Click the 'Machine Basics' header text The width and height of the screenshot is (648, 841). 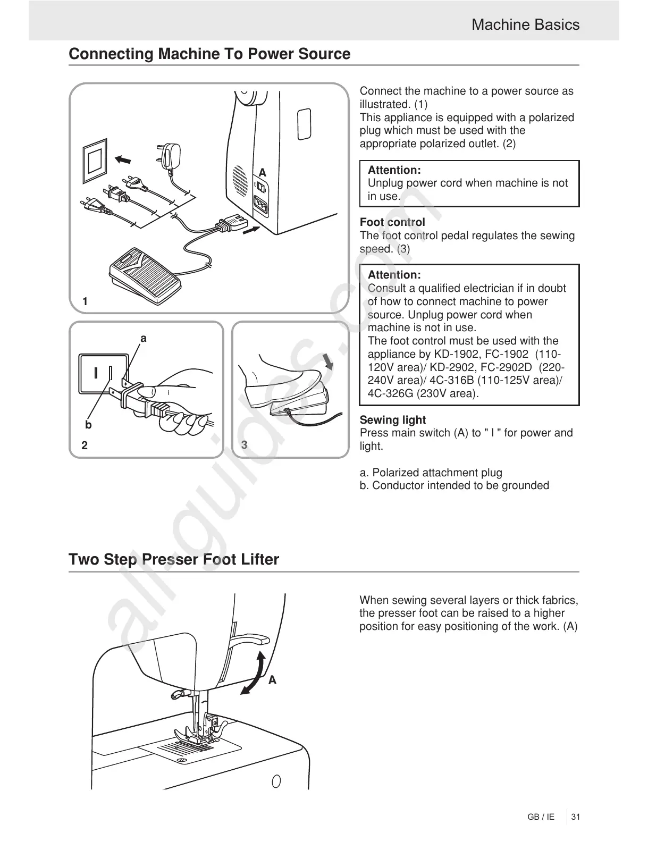point(525,25)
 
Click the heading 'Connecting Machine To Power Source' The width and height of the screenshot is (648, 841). point(209,54)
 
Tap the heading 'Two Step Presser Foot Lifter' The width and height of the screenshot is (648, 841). point(174,560)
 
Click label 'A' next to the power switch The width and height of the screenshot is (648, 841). point(262,172)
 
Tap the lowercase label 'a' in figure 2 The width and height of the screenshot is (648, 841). point(143,339)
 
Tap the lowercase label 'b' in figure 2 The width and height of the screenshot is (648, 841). point(88,425)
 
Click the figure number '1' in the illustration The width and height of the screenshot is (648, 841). point(85,301)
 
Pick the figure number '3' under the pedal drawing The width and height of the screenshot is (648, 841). point(244,445)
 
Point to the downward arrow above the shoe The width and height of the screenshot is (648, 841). point(329,361)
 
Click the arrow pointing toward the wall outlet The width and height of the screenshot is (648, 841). point(123,159)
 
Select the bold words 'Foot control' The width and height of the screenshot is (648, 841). point(392,222)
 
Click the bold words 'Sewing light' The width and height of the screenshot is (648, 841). point(393,420)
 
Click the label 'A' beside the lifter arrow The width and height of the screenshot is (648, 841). point(272,680)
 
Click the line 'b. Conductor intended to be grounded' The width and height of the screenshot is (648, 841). point(455,485)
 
